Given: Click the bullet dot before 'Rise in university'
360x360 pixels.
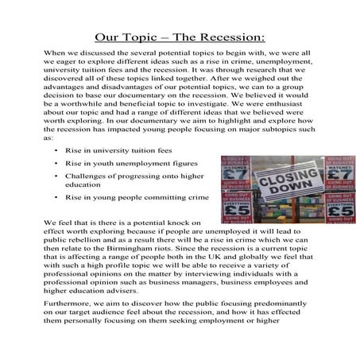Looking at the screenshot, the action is [56, 149].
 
